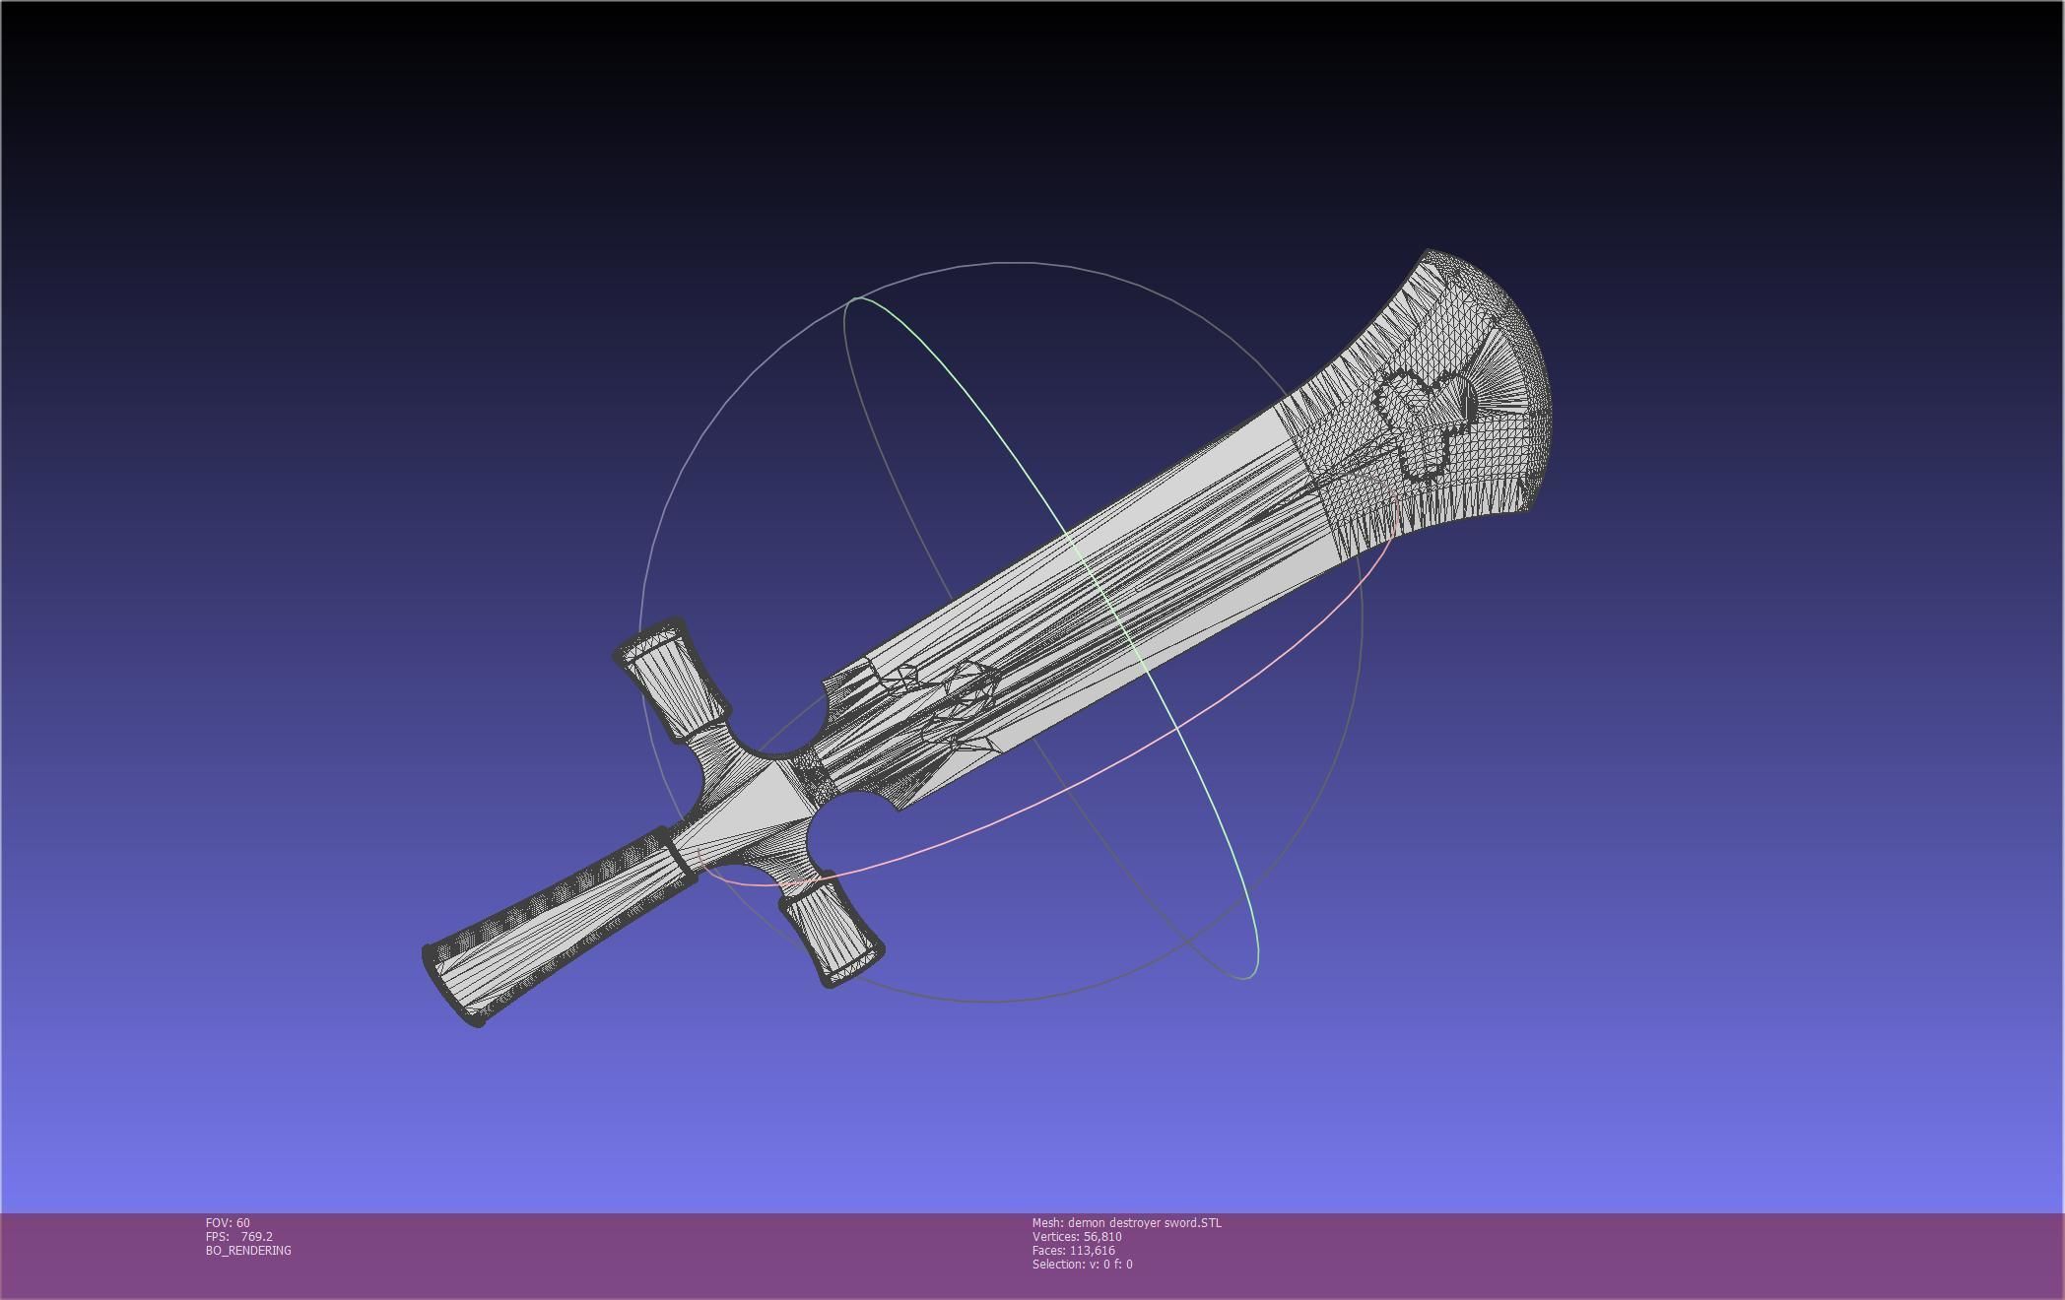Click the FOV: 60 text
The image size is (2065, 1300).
(228, 1222)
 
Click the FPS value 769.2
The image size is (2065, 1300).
(256, 1236)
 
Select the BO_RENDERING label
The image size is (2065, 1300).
(248, 1250)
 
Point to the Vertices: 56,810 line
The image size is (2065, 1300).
(1076, 1236)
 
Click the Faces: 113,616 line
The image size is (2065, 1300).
(1073, 1250)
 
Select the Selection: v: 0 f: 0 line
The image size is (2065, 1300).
(1082, 1264)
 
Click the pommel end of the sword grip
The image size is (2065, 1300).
(451, 985)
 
